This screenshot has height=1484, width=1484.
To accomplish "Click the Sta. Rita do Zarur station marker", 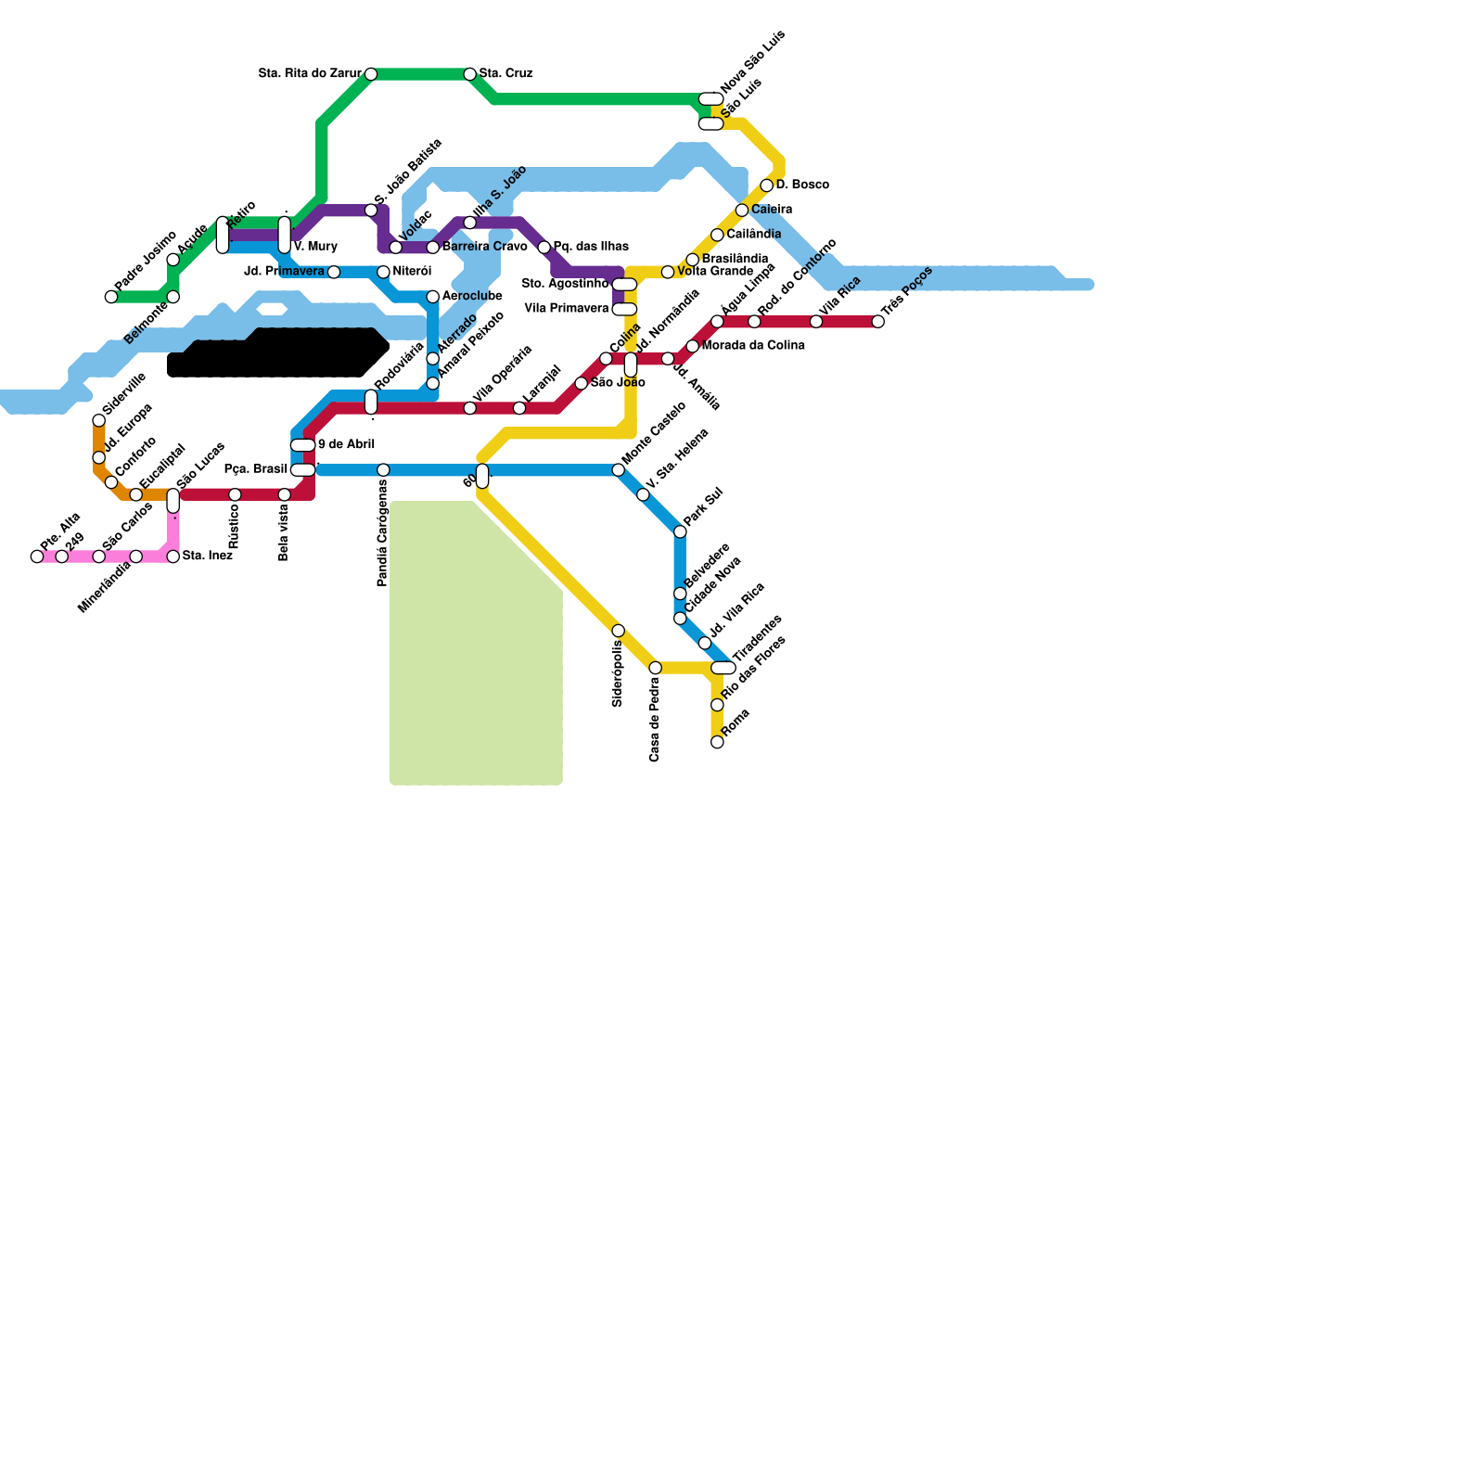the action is click(371, 74).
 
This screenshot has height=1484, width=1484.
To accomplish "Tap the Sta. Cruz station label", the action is click(505, 74).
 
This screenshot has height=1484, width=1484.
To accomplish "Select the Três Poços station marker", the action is click(878, 322).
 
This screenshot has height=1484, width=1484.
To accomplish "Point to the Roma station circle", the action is click(717, 742).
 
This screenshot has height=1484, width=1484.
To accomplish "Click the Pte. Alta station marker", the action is click(37, 556).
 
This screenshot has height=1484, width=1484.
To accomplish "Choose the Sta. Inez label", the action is click(207, 556).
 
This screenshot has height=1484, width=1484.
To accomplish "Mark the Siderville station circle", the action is click(99, 421).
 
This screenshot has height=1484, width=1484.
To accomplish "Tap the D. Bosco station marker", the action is click(767, 185).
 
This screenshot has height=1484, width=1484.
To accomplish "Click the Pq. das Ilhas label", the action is click(591, 248).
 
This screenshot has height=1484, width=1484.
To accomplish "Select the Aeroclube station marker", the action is click(433, 297).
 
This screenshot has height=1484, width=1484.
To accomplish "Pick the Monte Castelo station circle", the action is click(619, 470).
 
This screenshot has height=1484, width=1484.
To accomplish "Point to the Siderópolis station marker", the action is click(619, 631).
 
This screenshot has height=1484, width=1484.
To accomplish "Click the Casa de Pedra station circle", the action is click(656, 668).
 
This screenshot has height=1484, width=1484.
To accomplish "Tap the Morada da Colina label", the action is click(753, 346).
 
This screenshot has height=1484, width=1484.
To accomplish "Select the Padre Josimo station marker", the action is click(111, 297).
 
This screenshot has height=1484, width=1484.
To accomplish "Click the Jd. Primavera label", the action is click(284, 272).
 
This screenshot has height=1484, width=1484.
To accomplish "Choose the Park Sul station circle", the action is click(680, 531).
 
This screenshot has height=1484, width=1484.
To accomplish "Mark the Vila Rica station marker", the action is click(816, 322).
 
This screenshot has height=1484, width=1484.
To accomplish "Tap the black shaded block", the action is click(278, 354).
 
